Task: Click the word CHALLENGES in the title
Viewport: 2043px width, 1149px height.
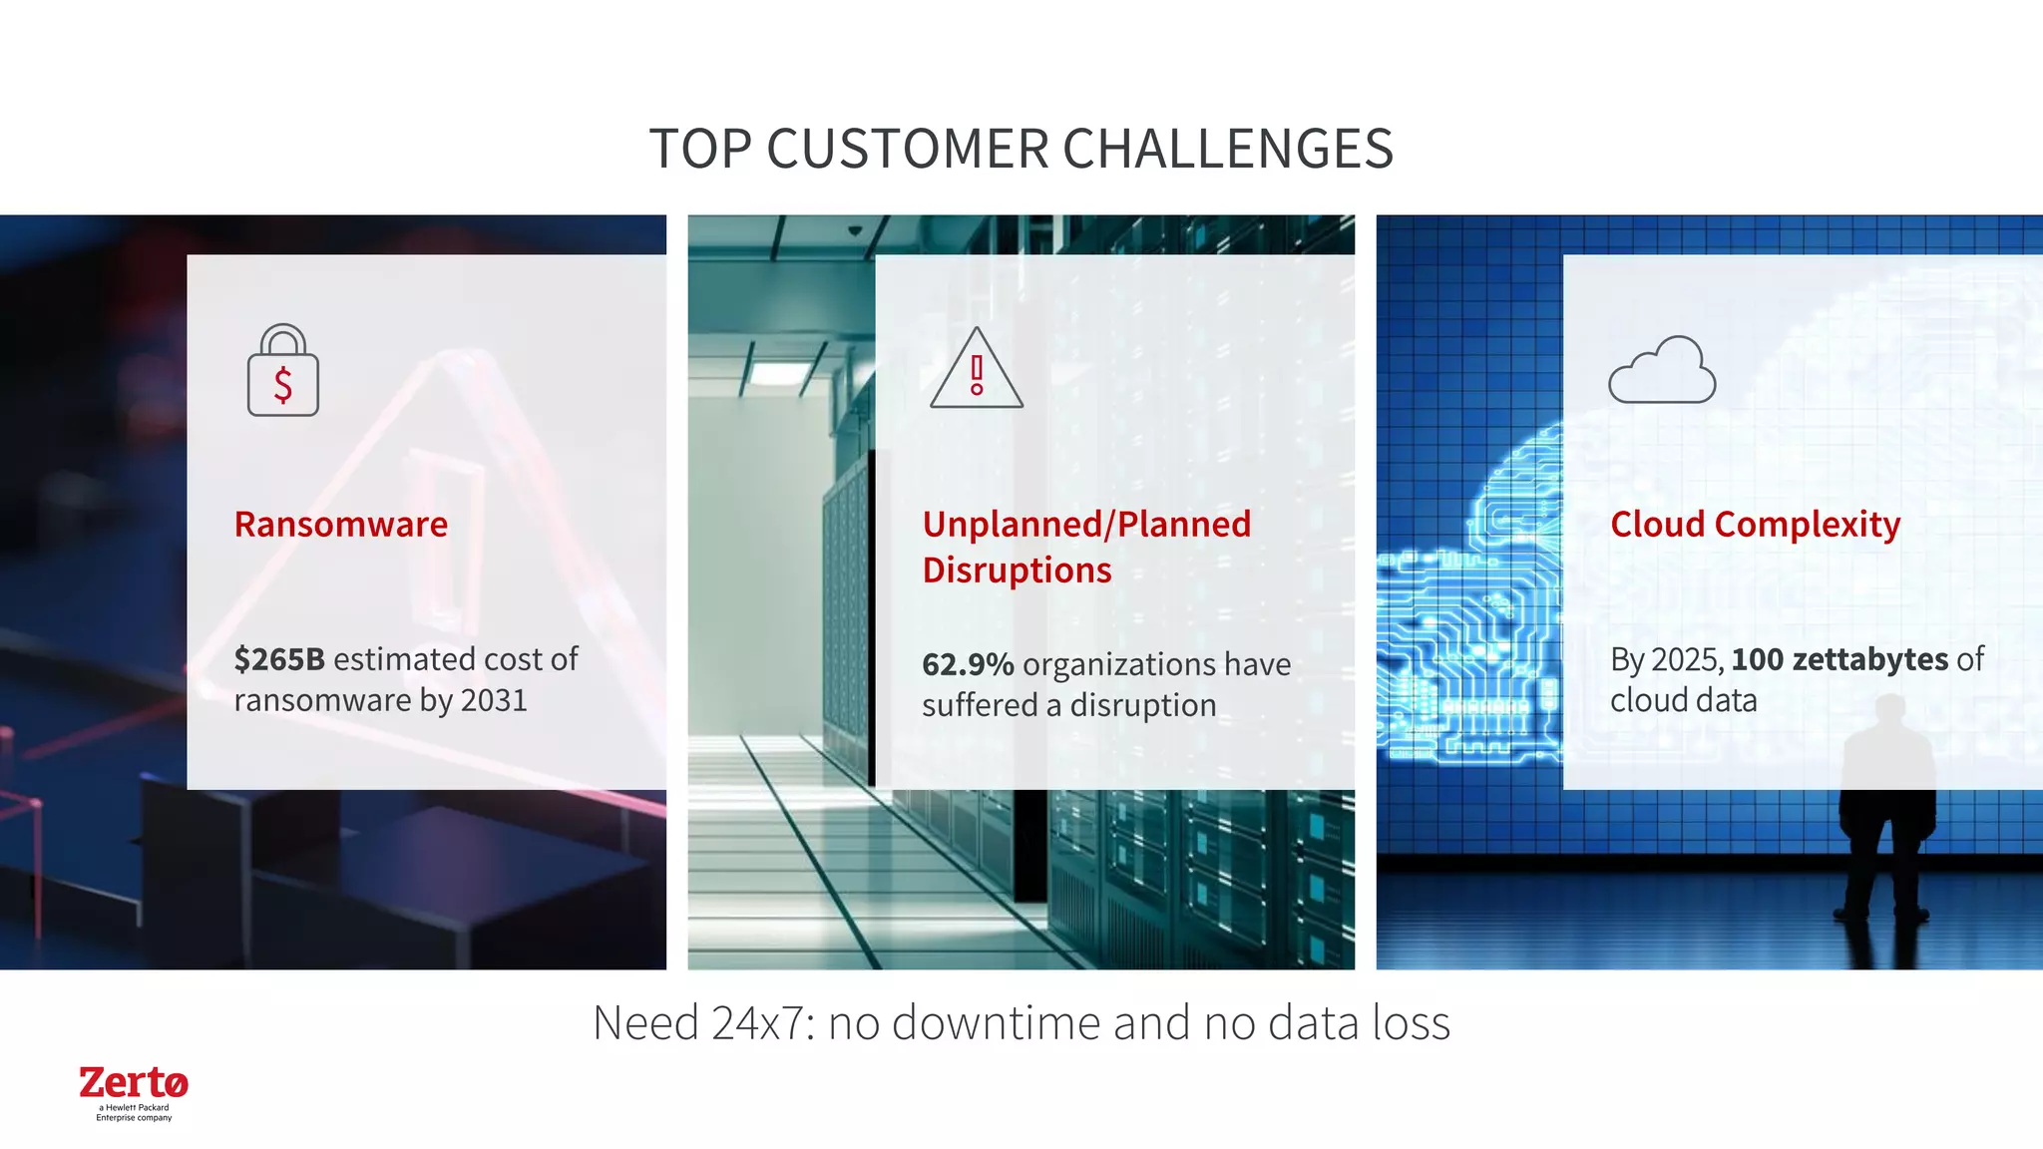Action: pyautogui.click(x=1227, y=150)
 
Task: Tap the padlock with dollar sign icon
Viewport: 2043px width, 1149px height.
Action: pyautogui.click(x=283, y=371)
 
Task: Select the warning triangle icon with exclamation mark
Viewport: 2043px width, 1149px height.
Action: pyautogui.click(x=977, y=369)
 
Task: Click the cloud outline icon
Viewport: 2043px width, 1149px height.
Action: pyautogui.click(x=1662, y=370)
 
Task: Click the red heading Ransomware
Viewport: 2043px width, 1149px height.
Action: pyautogui.click(x=341, y=525)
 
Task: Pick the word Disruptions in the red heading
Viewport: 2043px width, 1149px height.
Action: pyautogui.click(x=1017, y=571)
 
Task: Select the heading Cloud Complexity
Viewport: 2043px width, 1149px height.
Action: pyautogui.click(x=1755, y=525)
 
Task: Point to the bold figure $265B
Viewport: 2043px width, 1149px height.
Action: pyautogui.click(x=279, y=659)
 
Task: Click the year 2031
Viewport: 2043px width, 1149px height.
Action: pyautogui.click(x=493, y=700)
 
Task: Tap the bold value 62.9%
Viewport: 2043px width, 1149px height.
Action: pyautogui.click(x=967, y=664)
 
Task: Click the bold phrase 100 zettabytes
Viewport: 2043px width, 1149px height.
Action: pyautogui.click(x=1839, y=659)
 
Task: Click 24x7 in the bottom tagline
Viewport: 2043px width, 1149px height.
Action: pyautogui.click(x=762, y=1023)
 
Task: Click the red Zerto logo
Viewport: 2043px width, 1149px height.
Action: pyautogui.click(x=134, y=1083)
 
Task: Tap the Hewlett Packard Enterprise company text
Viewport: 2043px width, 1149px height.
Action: pyautogui.click(x=134, y=1113)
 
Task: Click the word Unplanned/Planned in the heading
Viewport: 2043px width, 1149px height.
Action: pyautogui.click(x=1085, y=525)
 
